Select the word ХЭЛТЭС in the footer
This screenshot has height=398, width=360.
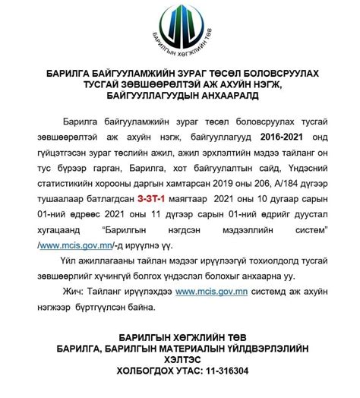pos(179,360)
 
